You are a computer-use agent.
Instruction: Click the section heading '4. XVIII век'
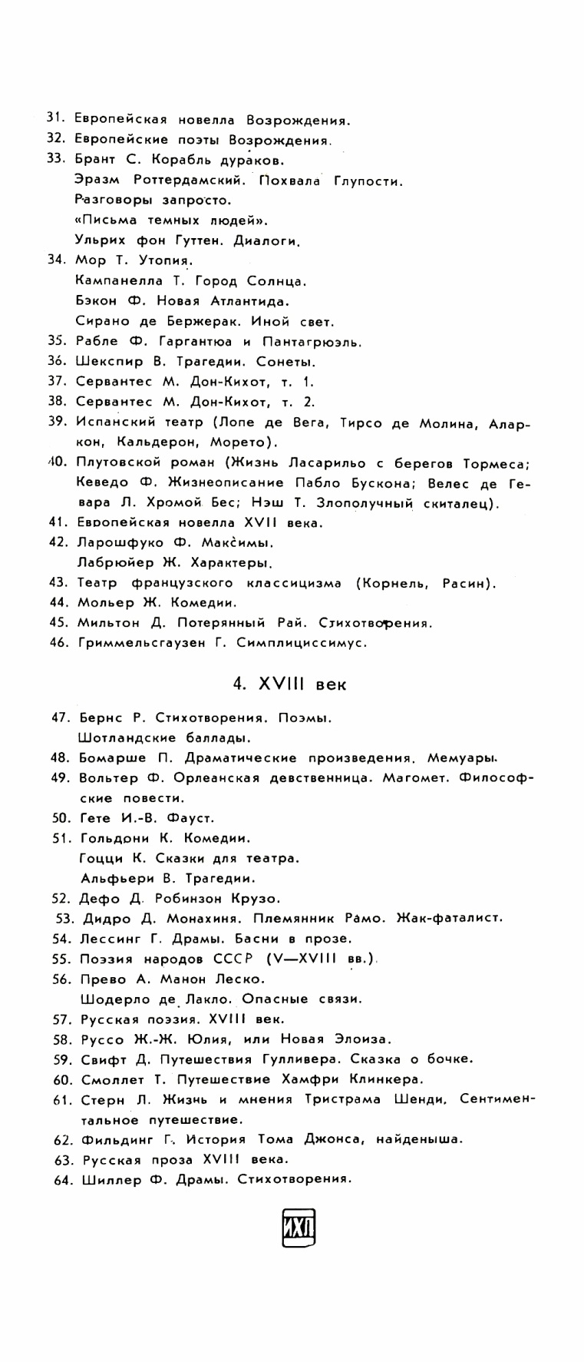coord(290,683)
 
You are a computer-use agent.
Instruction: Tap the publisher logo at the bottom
coord(299,1228)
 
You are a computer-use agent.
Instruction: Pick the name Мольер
coord(106,602)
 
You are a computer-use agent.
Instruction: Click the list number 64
coord(62,1180)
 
